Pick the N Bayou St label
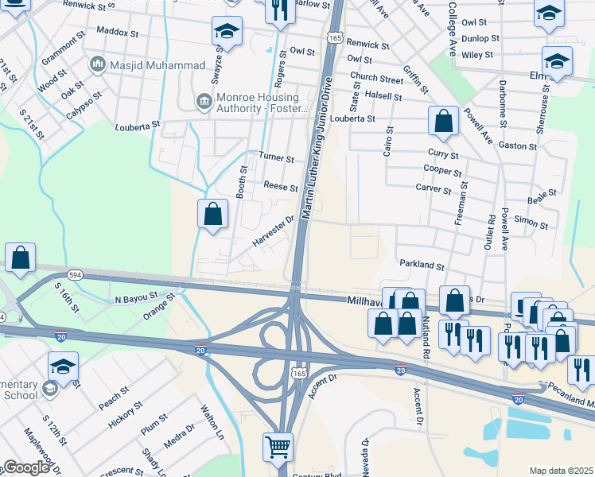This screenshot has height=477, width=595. (x=144, y=298)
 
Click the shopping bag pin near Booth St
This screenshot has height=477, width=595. (x=212, y=214)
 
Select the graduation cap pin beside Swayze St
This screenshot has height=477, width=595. (x=227, y=32)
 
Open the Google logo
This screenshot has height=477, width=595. (x=26, y=467)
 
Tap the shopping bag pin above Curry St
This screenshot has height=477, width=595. (x=443, y=121)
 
